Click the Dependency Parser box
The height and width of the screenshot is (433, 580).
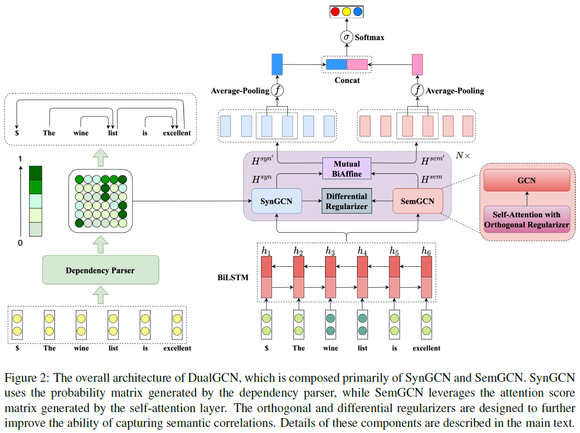tap(101, 270)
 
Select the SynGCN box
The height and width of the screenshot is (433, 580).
tap(277, 201)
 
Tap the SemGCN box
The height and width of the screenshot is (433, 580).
tap(417, 201)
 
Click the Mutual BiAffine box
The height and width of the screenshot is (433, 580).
tap(347, 168)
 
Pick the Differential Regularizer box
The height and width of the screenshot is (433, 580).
tap(347, 201)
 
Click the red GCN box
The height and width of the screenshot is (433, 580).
tap(527, 180)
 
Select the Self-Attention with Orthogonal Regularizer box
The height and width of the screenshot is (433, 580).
tap(527, 220)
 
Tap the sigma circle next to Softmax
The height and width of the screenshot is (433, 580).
tap(346, 37)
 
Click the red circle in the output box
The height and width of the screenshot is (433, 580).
tap(335, 12)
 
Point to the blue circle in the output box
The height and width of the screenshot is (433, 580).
tap(358, 12)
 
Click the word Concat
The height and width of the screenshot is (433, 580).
tap(347, 80)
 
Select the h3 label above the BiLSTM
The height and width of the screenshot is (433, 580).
tap(330, 251)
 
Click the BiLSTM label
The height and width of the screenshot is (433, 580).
tap(233, 277)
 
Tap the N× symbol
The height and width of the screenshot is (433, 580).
tap(463, 156)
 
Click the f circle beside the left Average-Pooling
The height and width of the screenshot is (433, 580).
tap(277, 90)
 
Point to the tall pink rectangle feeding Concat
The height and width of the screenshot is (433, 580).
tap(417, 64)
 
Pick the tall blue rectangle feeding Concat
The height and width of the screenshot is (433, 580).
tap(277, 64)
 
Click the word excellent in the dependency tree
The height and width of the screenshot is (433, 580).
tap(177, 133)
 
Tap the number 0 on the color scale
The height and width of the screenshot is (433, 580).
tap(20, 243)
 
